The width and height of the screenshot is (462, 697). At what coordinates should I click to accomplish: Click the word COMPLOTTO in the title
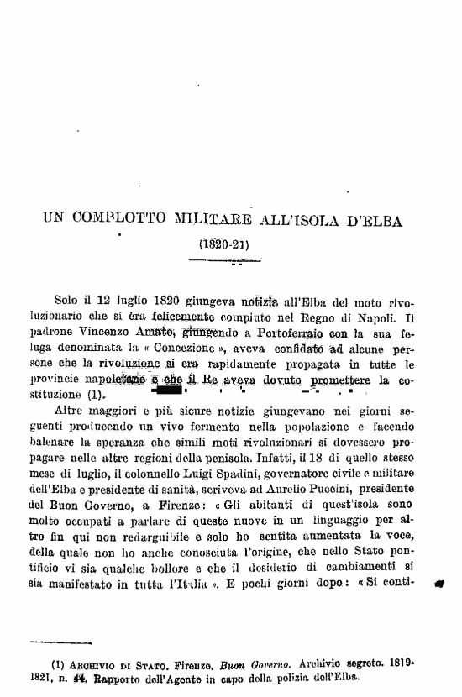pos(123,222)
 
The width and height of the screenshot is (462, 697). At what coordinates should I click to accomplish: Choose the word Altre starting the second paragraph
pos(71,411)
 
